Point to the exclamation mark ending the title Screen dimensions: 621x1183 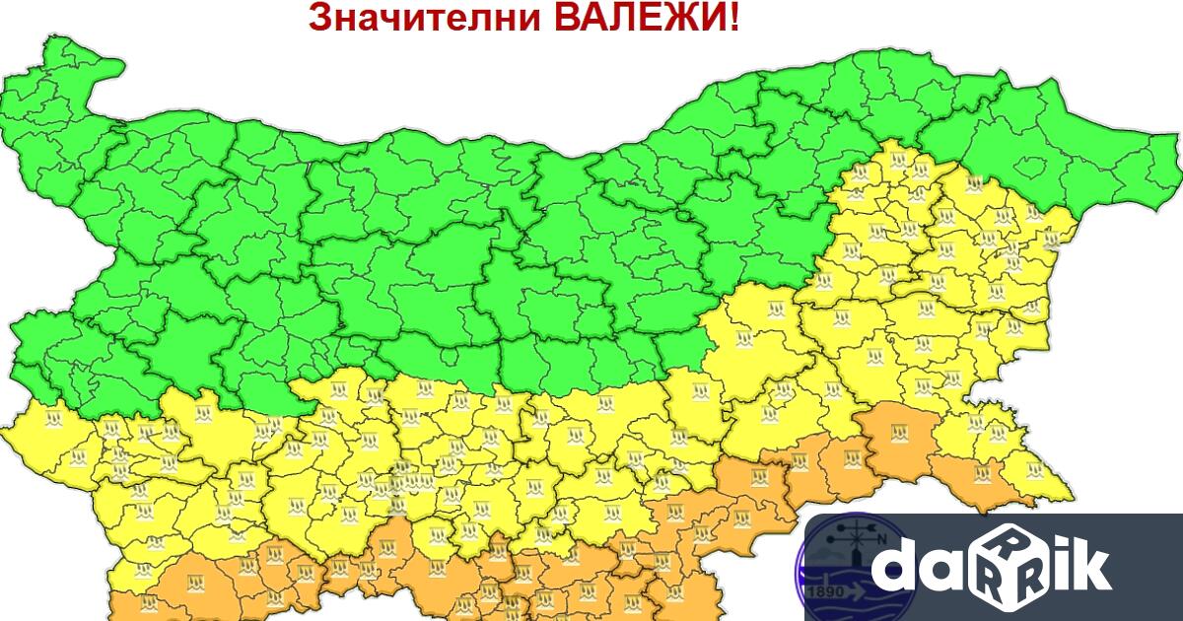point(733,17)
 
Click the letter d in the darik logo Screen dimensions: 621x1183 point(898,568)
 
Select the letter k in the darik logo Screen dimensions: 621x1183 point(1088,566)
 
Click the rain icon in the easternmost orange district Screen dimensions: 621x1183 point(983,475)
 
